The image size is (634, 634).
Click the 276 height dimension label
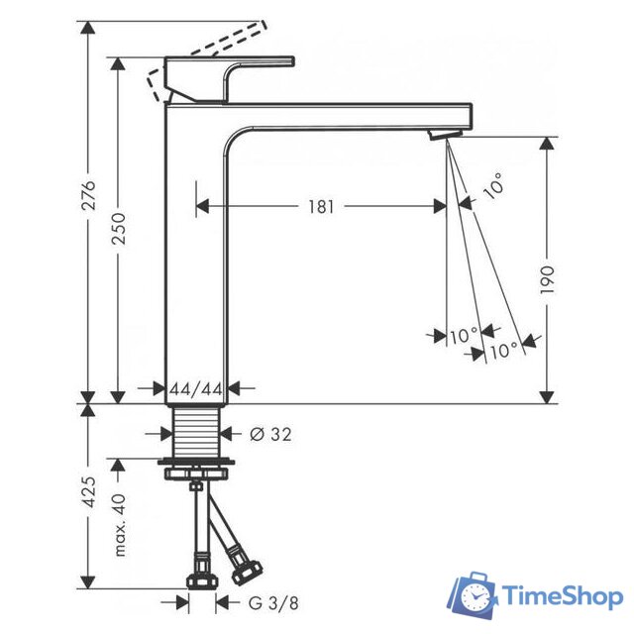[88, 195]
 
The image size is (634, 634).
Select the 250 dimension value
[119, 229]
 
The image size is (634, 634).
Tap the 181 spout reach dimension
[321, 207]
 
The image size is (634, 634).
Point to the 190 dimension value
[547, 280]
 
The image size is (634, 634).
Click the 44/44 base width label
[196, 389]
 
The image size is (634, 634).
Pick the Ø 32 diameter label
[270, 434]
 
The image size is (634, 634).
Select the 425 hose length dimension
[88, 491]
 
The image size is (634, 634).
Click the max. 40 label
[120, 525]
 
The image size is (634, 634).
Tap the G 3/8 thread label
[273, 603]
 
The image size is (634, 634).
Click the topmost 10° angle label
[493, 186]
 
